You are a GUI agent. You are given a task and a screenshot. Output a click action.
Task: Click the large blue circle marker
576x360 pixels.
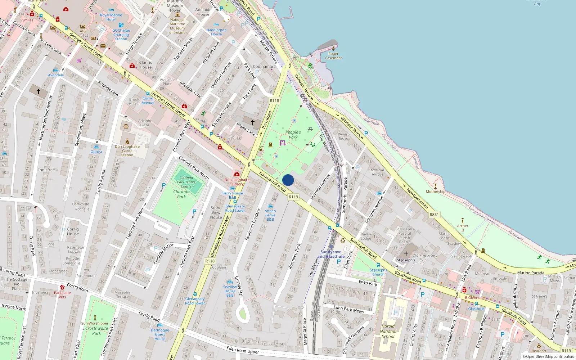tap(288, 180)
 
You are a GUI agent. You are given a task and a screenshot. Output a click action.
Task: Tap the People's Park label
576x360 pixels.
tap(293, 135)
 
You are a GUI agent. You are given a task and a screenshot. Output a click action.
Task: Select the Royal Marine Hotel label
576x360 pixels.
tap(111, 17)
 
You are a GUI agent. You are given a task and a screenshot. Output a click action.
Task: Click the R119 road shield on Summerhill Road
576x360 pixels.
tap(293, 197)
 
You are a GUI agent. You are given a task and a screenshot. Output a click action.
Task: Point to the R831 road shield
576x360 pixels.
tap(434, 215)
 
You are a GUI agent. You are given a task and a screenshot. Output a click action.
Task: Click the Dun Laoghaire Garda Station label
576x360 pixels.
tap(127, 150)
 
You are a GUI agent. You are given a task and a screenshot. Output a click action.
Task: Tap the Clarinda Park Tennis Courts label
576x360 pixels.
tap(186, 182)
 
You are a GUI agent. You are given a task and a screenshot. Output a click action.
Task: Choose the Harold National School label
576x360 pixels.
tap(388, 331)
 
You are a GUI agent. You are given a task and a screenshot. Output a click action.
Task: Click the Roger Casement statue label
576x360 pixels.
tap(333, 56)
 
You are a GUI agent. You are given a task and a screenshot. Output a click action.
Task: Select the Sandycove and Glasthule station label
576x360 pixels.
tap(331, 254)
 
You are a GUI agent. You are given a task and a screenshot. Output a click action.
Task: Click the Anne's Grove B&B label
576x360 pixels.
tap(270, 215)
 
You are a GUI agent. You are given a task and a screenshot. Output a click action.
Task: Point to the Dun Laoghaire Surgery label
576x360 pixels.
tap(237, 182)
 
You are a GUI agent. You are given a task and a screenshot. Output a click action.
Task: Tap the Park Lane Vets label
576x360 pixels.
tap(62, 295)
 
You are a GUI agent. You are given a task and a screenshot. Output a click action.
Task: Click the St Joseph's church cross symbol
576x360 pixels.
tap(406, 253)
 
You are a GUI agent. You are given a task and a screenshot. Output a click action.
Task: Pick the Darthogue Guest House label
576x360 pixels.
tap(160, 334)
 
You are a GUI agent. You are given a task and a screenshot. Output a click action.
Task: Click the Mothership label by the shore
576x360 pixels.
tap(436, 192)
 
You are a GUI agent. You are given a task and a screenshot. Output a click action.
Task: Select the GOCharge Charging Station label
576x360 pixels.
tap(121, 35)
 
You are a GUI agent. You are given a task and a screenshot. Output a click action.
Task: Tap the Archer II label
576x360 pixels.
tap(463, 228)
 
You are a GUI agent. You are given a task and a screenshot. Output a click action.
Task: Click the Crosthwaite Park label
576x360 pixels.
tap(96, 330)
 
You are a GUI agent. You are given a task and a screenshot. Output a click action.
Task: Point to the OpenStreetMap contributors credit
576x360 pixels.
tap(548, 357)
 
